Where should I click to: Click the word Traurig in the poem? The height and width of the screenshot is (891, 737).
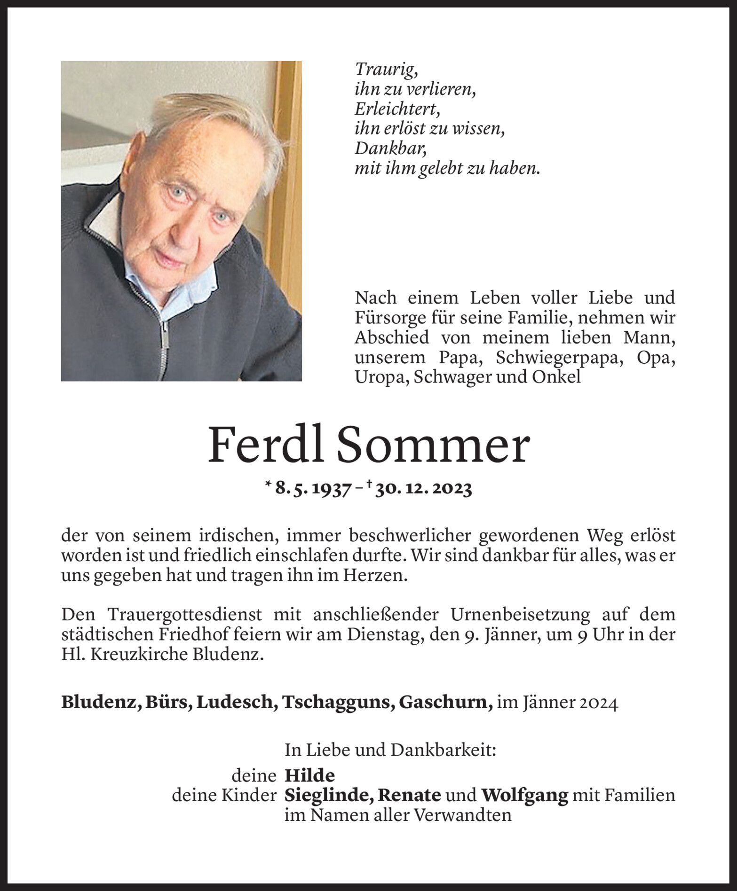tap(386, 70)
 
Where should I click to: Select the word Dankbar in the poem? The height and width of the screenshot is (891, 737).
tap(391, 149)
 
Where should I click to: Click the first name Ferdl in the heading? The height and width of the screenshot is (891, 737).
tap(266, 445)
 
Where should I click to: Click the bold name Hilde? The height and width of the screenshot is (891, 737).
tap(310, 775)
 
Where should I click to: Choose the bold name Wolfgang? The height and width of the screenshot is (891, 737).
tap(524, 795)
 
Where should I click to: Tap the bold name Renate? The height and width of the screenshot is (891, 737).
tap(410, 795)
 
